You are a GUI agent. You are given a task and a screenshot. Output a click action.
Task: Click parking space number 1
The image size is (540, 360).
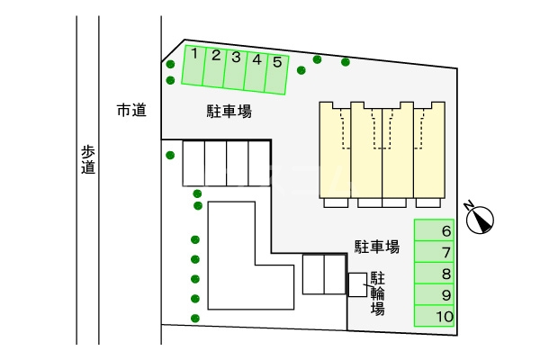(193, 66)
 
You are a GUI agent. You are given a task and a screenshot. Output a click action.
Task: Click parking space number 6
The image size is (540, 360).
(434, 230)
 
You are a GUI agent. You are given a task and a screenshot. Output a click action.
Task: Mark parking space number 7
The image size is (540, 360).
(434, 252)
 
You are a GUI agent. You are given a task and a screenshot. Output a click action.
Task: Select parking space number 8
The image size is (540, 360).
(434, 274)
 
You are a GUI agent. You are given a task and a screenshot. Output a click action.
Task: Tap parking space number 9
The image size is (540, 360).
(434, 295)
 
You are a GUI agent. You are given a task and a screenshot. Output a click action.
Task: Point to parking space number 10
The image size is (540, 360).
(434, 316)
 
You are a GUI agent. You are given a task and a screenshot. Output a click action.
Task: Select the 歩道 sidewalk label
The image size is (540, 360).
(87, 159)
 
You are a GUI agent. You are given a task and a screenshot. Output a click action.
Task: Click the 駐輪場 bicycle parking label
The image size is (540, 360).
(378, 292)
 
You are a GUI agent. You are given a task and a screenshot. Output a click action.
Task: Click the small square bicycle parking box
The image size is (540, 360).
(357, 283)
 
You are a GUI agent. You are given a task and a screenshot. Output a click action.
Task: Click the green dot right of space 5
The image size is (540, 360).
(317, 60)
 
